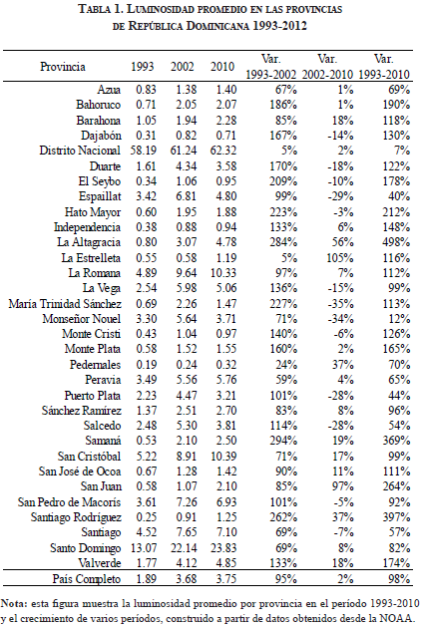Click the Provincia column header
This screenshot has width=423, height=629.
click(x=63, y=66)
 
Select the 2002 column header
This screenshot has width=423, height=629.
click(x=183, y=66)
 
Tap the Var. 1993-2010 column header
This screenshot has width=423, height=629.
click(x=384, y=67)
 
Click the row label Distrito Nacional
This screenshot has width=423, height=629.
click(x=80, y=151)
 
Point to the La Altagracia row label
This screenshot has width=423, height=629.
click(x=89, y=242)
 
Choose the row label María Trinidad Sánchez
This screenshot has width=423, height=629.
click(x=65, y=304)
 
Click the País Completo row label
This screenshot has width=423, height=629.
click(x=87, y=579)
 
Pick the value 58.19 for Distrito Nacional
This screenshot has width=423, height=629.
click(x=144, y=151)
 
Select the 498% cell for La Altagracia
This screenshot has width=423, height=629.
click(x=396, y=242)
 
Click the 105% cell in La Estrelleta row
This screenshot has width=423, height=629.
click(x=340, y=257)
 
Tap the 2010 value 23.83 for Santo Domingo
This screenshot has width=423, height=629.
click(x=223, y=548)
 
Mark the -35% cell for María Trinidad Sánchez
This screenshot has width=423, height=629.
click(x=341, y=304)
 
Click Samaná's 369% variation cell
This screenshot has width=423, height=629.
click(x=396, y=441)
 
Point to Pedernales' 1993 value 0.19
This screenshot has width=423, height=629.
click(x=146, y=365)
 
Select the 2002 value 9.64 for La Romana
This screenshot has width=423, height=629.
click(x=187, y=273)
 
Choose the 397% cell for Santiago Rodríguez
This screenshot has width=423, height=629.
click(x=396, y=517)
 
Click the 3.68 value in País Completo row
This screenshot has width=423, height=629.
click(x=187, y=579)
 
